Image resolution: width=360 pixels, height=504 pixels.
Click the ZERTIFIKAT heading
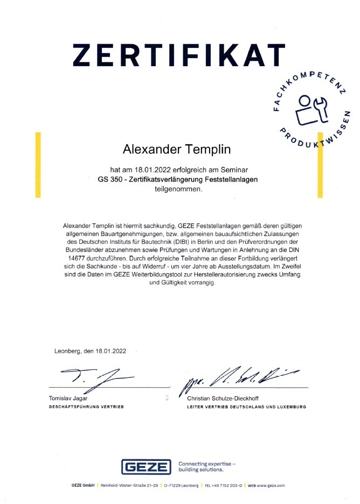[x=179, y=55]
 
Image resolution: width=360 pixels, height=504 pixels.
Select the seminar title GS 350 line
[x=174, y=179]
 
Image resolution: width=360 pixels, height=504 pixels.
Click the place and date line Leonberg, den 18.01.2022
[x=90, y=351]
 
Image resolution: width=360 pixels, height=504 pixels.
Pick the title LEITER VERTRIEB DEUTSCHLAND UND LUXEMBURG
[x=246, y=407]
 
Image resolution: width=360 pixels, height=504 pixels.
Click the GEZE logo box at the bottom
[x=146, y=467]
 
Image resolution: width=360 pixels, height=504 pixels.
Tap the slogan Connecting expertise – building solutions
[x=207, y=467]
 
